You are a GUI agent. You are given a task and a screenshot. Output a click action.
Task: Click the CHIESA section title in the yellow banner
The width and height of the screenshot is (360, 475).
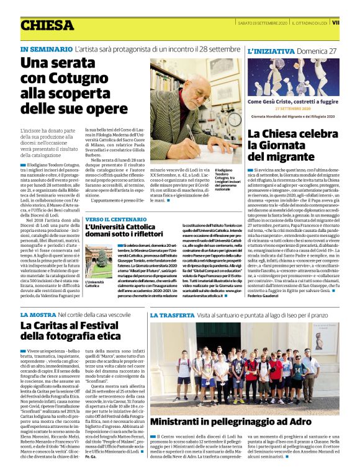[47, 25]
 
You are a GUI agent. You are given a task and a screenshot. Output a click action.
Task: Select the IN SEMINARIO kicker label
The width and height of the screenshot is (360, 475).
[45, 49]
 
